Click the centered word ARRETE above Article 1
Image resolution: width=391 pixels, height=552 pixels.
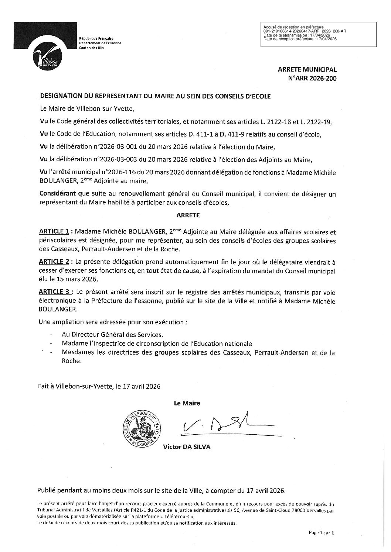point(187,214)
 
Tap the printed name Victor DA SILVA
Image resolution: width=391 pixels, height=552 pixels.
point(187,447)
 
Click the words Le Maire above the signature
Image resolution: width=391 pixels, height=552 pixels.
point(187,403)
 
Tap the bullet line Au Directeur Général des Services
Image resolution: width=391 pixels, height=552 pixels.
point(113,335)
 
